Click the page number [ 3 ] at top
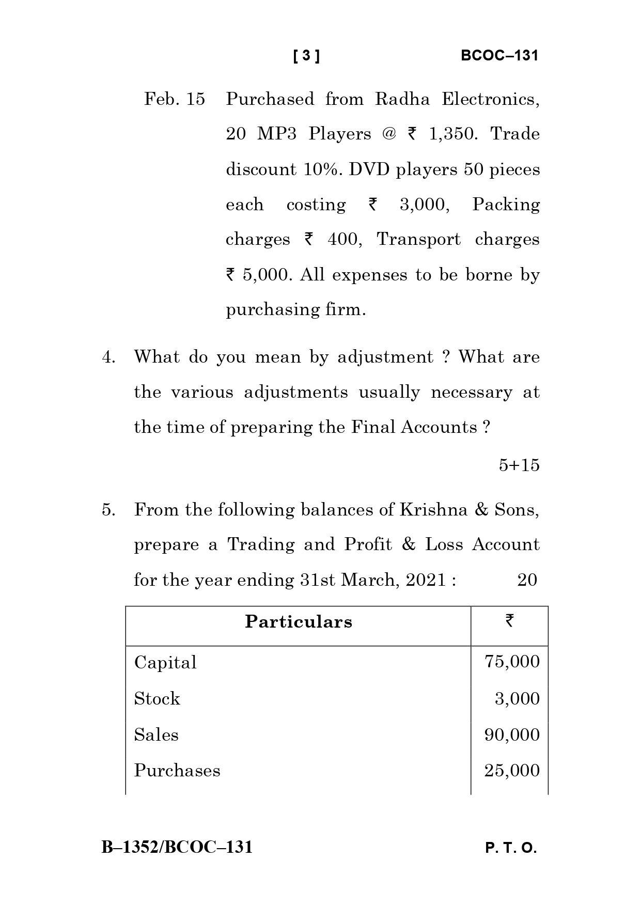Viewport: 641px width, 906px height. click(x=306, y=56)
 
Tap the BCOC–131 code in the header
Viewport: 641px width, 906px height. click(x=499, y=56)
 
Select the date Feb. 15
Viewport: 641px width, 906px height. click(x=175, y=99)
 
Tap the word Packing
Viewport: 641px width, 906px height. click(x=506, y=205)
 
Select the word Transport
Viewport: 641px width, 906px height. click(x=418, y=239)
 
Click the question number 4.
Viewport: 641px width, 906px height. click(x=108, y=357)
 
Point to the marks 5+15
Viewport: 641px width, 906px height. click(x=519, y=465)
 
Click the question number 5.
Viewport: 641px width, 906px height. click(x=108, y=510)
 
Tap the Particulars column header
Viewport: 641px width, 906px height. click(x=299, y=621)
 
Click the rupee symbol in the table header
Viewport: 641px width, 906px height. click(x=510, y=620)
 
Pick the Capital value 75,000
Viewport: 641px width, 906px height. click(x=512, y=662)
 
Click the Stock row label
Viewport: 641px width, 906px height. click(x=157, y=698)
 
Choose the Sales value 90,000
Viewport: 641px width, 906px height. click(x=512, y=735)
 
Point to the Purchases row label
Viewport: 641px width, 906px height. click(x=177, y=771)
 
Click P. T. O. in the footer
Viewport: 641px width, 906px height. click(x=511, y=848)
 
